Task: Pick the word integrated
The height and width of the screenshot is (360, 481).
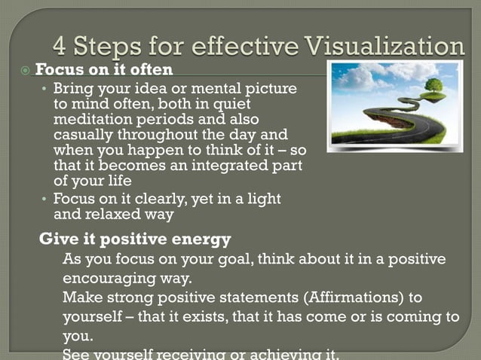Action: tap(219, 166)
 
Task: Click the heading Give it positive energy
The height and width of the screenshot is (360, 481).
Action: tap(135, 239)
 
